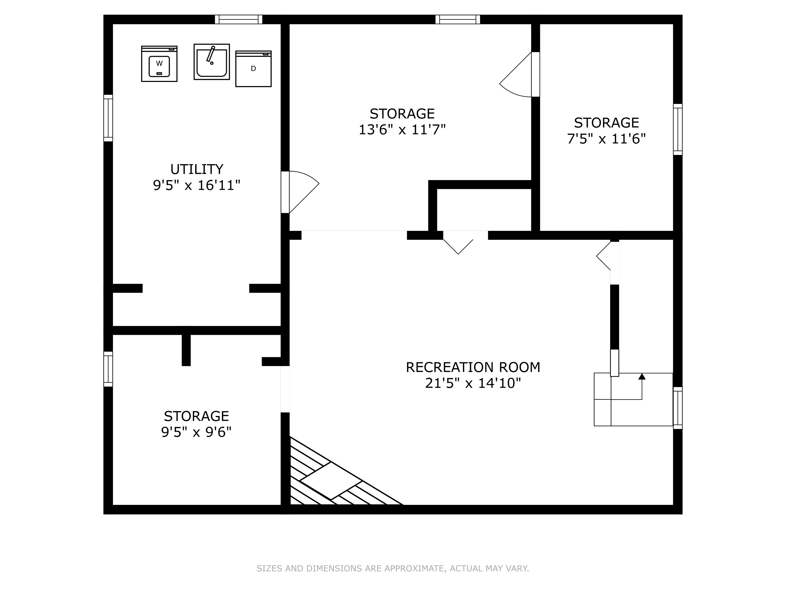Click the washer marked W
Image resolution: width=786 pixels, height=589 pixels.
tap(159, 64)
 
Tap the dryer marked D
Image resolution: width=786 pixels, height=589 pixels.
tap(253, 69)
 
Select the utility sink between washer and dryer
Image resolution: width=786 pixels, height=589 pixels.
tap(212, 62)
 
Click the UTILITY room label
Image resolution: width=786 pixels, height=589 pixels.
tap(196, 169)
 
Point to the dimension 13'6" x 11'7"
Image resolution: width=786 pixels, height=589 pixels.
tap(402, 130)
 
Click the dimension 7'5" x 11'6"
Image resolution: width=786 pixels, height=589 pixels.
tap(606, 139)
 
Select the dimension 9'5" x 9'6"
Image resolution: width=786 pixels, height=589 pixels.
tap(196, 432)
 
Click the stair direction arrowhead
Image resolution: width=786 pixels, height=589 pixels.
tap(642, 377)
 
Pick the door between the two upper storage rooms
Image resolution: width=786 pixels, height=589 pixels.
tap(535, 75)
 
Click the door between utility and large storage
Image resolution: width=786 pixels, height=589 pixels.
tap(285, 192)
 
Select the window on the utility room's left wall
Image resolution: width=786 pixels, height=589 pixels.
tap(108, 118)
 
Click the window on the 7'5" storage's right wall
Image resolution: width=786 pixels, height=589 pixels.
tap(678, 130)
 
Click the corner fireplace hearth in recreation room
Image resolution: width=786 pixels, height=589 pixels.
tap(330, 481)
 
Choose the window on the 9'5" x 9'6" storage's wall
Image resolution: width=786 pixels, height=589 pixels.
tap(108, 369)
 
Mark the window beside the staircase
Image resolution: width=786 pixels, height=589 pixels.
tap(678, 408)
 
